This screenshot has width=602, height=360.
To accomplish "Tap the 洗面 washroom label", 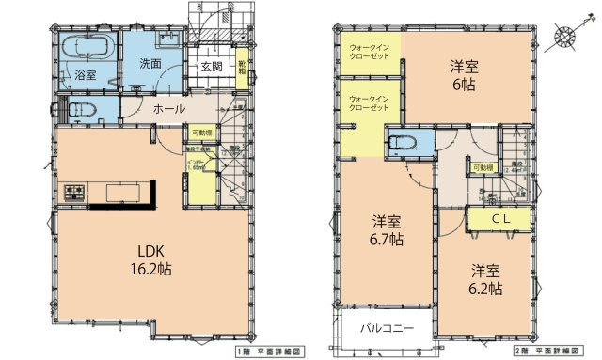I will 151,64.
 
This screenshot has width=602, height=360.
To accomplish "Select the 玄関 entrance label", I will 211,67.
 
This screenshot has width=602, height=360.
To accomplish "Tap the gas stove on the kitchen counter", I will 74,194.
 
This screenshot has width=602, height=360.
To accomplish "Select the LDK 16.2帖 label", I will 150,259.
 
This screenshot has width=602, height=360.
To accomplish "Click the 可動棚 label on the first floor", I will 202,133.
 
